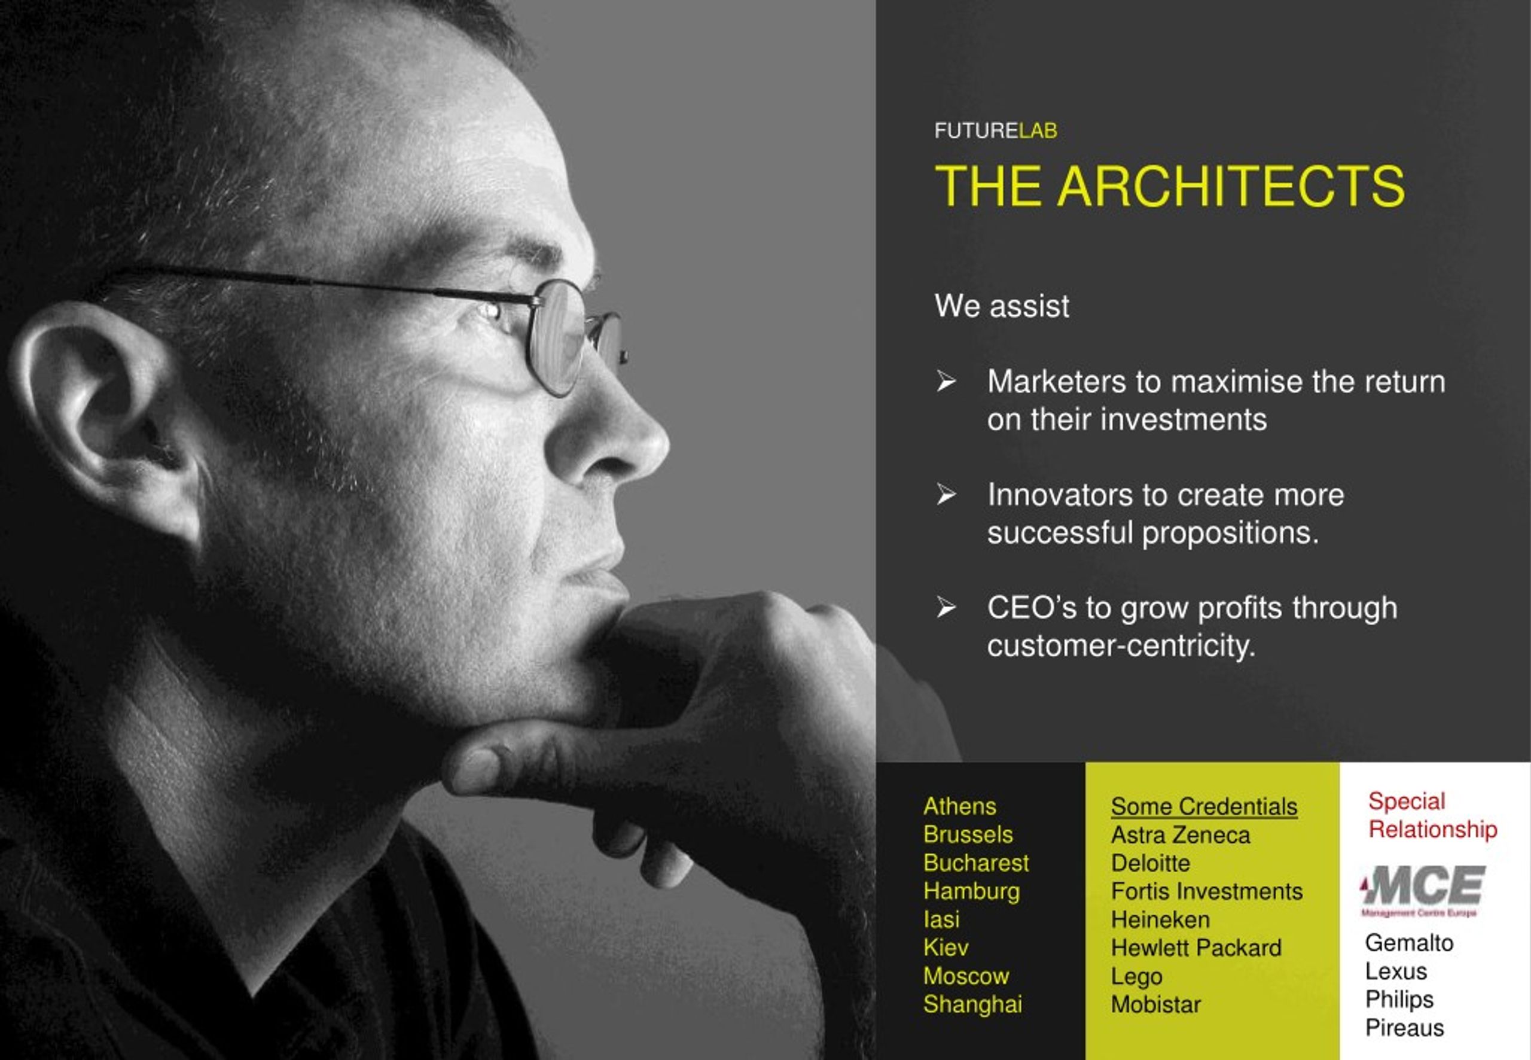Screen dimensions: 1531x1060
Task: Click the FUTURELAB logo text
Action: (x=995, y=130)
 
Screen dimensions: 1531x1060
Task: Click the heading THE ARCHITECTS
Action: (x=1169, y=186)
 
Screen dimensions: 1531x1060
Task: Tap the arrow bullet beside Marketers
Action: (x=946, y=380)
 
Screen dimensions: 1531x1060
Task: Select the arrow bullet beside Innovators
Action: (x=946, y=494)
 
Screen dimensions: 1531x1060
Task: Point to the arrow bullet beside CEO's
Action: (x=946, y=607)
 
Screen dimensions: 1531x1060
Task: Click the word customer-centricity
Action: (x=1121, y=645)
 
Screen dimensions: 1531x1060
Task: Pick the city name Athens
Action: (x=959, y=806)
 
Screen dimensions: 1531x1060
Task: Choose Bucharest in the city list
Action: (x=976, y=862)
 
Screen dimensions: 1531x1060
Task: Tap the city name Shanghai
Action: (x=972, y=1004)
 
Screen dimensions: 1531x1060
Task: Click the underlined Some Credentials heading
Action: (x=1204, y=806)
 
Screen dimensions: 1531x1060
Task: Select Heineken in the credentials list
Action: (x=1160, y=919)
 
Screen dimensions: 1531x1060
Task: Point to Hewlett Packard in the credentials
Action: (x=1195, y=948)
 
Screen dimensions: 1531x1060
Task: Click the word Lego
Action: (x=1136, y=977)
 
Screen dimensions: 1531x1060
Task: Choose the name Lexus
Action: (x=1396, y=971)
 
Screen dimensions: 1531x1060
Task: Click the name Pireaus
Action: (x=1404, y=1028)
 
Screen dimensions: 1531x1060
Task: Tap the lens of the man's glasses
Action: (x=555, y=338)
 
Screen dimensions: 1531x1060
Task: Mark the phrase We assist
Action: (x=1001, y=306)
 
